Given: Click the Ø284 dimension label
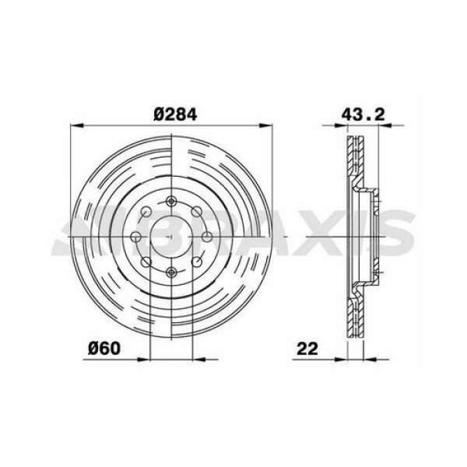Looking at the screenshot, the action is point(175,114).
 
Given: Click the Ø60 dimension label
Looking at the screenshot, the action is point(104,348).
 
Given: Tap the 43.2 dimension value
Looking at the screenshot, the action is point(363,114).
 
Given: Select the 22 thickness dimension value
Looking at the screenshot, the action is point(307,349).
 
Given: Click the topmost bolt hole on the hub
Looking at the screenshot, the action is point(171,202).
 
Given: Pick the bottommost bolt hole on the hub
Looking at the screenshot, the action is point(171,272).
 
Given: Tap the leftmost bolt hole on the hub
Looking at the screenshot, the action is point(135,237).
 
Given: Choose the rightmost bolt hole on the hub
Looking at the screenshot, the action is point(207,237).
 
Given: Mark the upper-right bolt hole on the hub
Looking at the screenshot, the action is point(196,212).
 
